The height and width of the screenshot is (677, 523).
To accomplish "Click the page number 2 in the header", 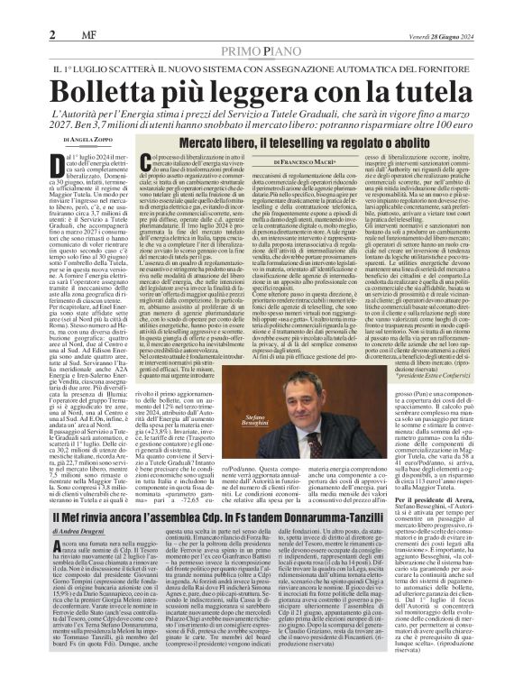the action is (x=14, y=34).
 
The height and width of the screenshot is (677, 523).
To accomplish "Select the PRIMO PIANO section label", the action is (x=261, y=50).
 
